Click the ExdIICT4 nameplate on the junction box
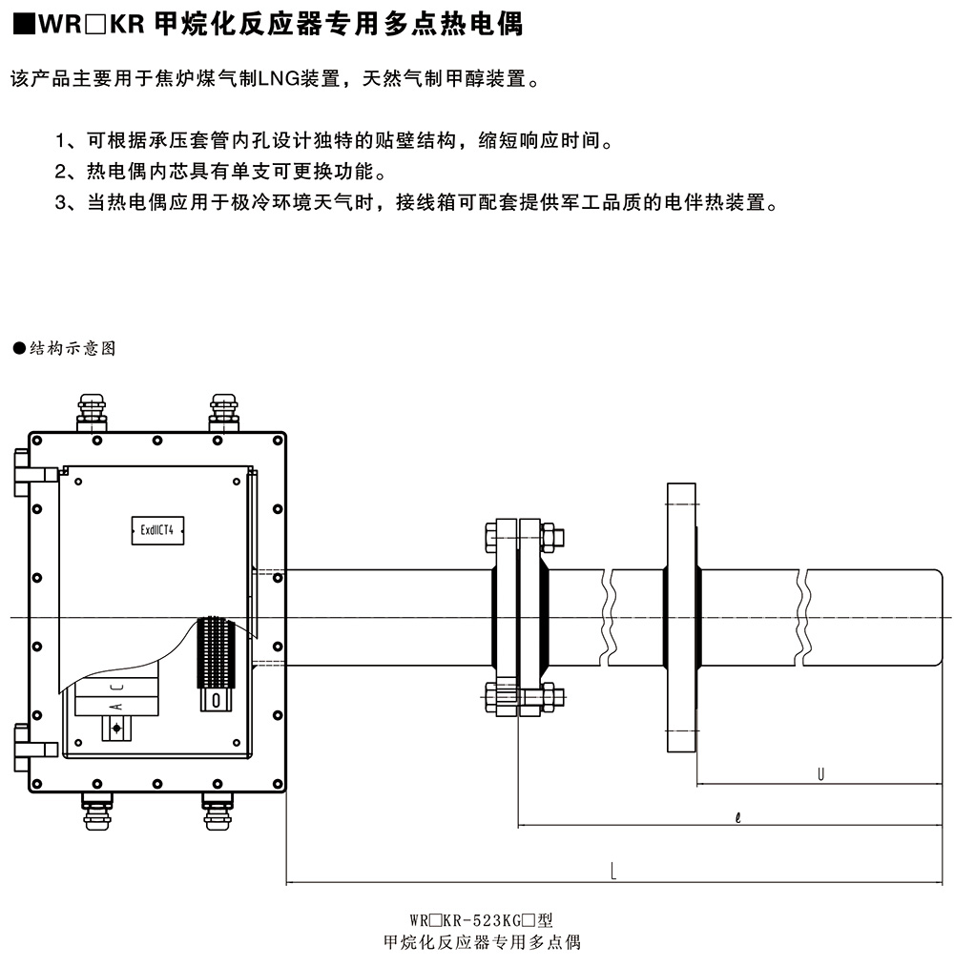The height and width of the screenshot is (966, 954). click(156, 531)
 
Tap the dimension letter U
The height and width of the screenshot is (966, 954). click(820, 774)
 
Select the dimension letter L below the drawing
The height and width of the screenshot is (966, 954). click(613, 871)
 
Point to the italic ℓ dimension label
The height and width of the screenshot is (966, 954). click(739, 816)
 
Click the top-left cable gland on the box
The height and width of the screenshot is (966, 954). click(92, 409)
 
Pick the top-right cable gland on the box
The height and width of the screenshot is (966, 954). click(223, 409)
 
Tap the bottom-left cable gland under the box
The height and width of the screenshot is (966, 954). click(96, 810)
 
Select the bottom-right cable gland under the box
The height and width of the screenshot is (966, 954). click(218, 810)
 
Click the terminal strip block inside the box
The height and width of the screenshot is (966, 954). click(215, 653)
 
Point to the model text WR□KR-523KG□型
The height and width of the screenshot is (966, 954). click(481, 921)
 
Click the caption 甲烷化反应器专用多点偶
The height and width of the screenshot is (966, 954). click(481, 943)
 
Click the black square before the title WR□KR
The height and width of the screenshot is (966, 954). click(22, 25)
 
